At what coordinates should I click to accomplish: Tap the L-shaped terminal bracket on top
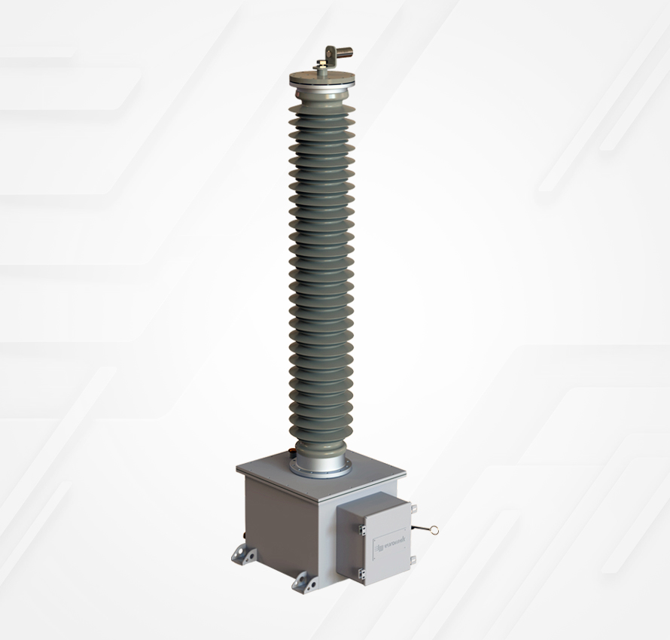tap(328, 56)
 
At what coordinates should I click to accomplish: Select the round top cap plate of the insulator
tap(321, 79)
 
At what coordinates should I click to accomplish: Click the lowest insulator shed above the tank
tap(321, 434)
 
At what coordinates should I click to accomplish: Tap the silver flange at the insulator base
tap(321, 461)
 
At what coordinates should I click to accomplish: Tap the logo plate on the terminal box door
tap(387, 540)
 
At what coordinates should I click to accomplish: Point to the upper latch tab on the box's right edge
tap(413, 511)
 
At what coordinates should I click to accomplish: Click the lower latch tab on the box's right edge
tap(413, 559)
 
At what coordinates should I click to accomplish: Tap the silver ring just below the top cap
tap(321, 91)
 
